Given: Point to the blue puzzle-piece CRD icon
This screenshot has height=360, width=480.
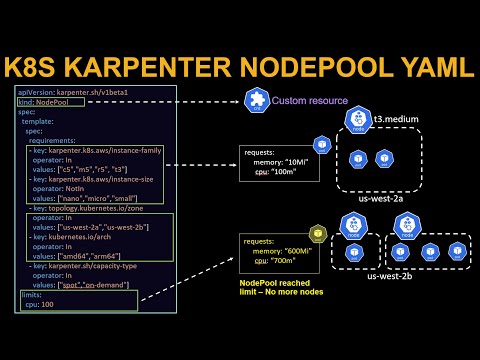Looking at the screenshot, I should [256, 101].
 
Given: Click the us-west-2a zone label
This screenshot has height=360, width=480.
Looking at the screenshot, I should [381, 199].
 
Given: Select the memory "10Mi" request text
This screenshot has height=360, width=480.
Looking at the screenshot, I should [282, 162].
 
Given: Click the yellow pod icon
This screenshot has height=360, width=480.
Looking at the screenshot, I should [318, 233].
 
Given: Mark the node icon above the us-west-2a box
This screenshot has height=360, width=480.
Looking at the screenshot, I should [356, 123].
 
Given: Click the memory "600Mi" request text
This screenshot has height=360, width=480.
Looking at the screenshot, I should [286, 250].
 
